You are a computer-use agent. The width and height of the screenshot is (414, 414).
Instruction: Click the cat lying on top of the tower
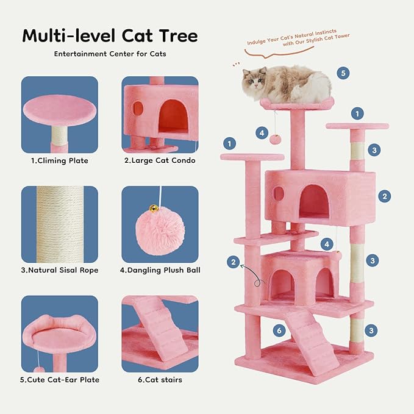click(x=287, y=84)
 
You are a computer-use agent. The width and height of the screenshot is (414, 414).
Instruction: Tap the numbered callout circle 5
click(x=343, y=73)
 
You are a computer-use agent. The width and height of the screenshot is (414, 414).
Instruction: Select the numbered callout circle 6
click(x=279, y=331)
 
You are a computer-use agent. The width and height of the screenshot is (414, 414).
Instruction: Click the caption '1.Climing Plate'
click(x=60, y=161)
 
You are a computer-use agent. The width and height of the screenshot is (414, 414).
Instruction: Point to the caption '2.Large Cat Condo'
click(x=160, y=161)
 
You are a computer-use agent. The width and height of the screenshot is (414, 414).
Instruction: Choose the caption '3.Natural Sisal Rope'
click(x=60, y=270)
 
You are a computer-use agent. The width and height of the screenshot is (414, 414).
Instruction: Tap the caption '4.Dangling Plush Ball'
click(x=160, y=270)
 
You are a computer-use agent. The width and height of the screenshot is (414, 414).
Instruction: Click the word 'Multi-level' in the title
click(x=67, y=35)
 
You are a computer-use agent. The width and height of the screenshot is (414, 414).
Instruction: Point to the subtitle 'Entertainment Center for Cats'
click(x=110, y=54)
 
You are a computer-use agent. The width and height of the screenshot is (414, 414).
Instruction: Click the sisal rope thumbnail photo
click(x=60, y=224)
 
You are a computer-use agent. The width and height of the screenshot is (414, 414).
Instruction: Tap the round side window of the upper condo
click(x=279, y=194)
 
